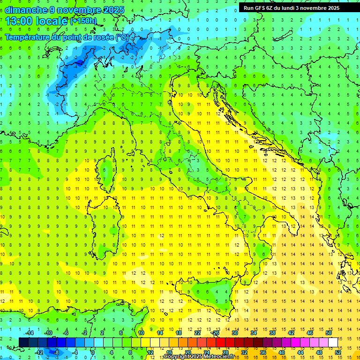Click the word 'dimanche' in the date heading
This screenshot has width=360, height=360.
[23, 10]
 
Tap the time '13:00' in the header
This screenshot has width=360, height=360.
[19, 21]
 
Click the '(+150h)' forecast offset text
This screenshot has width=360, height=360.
[83, 21]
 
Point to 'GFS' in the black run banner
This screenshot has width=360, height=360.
[261, 8]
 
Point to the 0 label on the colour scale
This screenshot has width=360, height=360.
[93, 352]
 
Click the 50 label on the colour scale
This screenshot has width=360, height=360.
[329, 333]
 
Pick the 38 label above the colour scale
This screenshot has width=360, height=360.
[272, 333]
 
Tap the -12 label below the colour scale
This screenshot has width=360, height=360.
[39, 352]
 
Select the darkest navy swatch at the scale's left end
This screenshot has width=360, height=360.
[24, 342]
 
